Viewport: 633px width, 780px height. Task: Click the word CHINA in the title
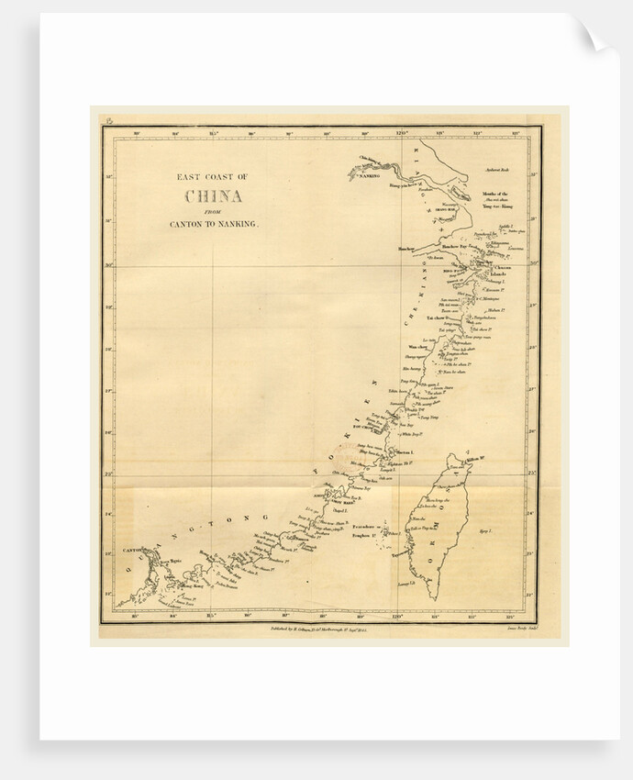[214, 196]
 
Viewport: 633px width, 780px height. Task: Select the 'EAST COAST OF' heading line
[213, 177]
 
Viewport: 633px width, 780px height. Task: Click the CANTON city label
[134, 552]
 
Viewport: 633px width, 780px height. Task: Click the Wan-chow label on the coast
[416, 348]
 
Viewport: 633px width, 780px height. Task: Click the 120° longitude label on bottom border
[398, 618]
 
